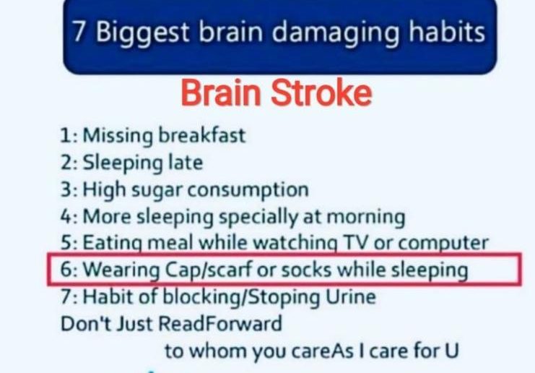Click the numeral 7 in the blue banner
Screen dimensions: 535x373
[x=79, y=31]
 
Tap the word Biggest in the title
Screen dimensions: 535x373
[x=142, y=33]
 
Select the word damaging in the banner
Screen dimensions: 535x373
[x=336, y=33]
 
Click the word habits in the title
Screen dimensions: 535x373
[x=447, y=31]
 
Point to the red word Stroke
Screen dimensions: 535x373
[x=321, y=93]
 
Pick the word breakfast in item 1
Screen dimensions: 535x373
[x=201, y=135]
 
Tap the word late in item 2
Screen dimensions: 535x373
[x=186, y=162]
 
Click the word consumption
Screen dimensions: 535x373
[x=248, y=191]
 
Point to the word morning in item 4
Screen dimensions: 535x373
[x=366, y=218]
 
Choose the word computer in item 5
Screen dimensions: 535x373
[x=443, y=244]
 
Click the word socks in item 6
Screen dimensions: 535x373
[x=306, y=270]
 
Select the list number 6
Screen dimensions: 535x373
[x=67, y=270]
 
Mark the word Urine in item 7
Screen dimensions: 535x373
[x=351, y=297]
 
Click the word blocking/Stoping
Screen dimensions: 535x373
[x=242, y=298]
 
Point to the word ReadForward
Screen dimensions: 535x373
[x=221, y=323]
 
